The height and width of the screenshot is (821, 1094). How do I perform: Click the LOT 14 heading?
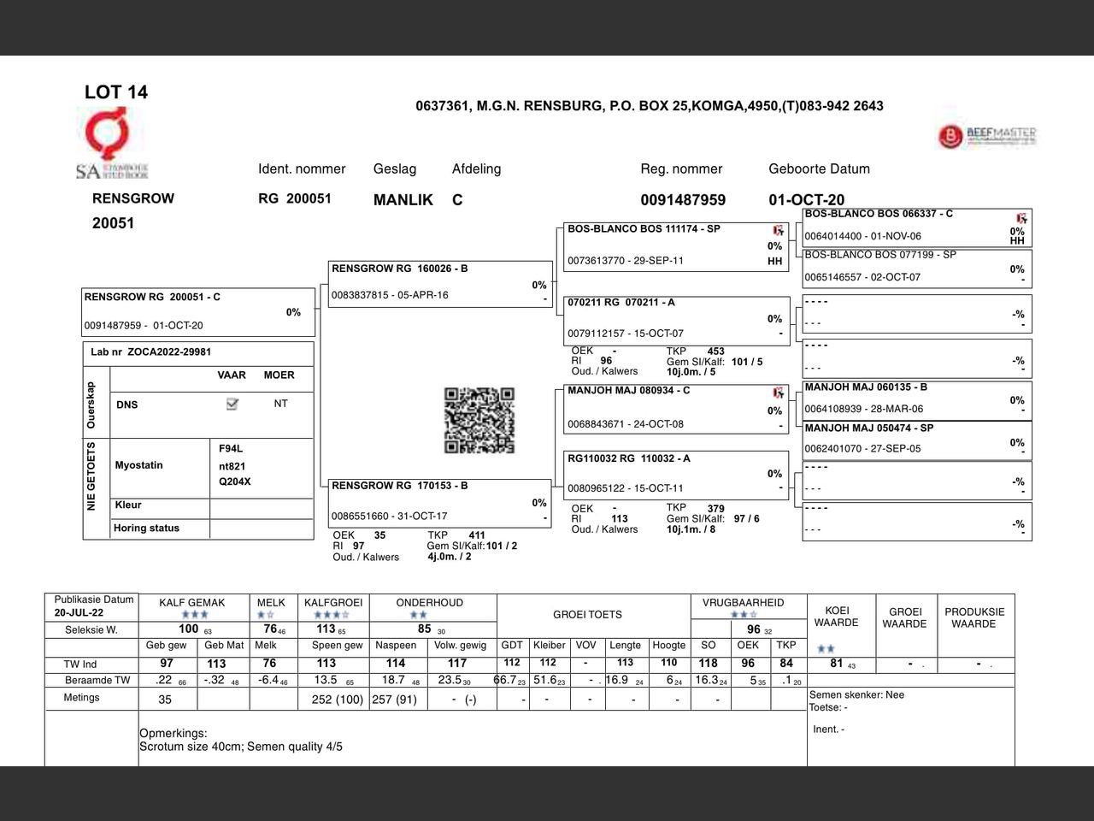click(x=115, y=92)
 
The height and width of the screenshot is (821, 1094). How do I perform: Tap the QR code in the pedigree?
click(x=479, y=420)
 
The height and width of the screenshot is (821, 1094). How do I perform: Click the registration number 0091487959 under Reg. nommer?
click(x=683, y=200)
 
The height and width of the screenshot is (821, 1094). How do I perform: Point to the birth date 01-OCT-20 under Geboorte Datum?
click(x=806, y=200)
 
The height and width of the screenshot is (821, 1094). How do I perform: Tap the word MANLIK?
click(x=403, y=200)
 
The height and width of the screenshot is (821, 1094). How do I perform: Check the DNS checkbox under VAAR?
click(x=232, y=404)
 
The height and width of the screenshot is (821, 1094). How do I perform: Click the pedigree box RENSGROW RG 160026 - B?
click(x=440, y=283)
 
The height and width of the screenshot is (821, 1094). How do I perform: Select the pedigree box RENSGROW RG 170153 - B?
click(x=440, y=502)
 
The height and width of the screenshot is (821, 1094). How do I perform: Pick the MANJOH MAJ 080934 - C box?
click(x=675, y=408)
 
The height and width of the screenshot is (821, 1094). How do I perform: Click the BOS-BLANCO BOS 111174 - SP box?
click(x=675, y=245)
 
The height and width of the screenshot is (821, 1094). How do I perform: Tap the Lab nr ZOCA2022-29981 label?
click(x=151, y=352)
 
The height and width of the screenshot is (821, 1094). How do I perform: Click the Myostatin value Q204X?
click(x=235, y=481)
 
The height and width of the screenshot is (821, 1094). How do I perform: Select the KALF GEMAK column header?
click(x=192, y=603)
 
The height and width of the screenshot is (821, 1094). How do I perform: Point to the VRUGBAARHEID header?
click(x=743, y=603)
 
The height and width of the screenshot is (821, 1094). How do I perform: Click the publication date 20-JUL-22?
click(x=79, y=613)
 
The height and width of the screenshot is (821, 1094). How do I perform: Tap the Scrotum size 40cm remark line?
click(x=241, y=747)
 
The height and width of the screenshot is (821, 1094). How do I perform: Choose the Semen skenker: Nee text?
click(x=856, y=694)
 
